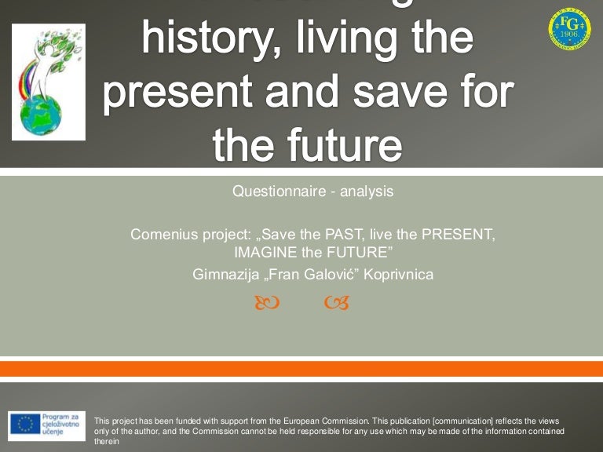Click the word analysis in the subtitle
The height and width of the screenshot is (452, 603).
(x=367, y=191)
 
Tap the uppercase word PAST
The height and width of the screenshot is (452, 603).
(x=334, y=234)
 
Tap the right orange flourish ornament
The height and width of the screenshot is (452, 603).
(x=336, y=302)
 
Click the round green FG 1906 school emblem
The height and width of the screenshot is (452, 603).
(x=569, y=29)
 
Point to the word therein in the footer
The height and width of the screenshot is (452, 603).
(x=106, y=441)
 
